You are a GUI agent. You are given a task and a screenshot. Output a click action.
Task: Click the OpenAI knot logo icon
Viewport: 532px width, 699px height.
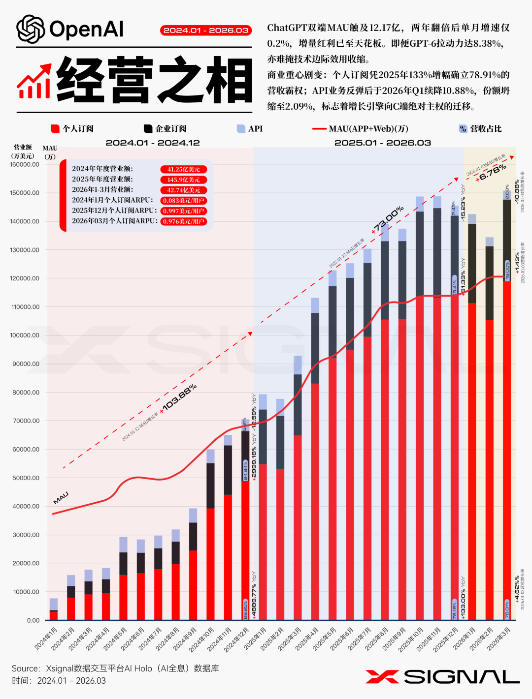[31, 30]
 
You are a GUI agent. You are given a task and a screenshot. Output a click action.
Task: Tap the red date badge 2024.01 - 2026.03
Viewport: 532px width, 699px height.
[206, 30]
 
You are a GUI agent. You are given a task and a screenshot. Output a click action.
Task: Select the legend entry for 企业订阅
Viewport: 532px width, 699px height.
[165, 129]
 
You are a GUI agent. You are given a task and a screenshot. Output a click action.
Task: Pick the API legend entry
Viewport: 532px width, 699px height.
[250, 129]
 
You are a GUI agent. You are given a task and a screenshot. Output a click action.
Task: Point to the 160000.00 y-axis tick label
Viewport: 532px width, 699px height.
[25, 165]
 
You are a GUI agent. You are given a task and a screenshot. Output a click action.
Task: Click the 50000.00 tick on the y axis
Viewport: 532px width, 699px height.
[26, 478]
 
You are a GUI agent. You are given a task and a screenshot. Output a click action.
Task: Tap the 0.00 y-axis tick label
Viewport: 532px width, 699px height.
[33, 621]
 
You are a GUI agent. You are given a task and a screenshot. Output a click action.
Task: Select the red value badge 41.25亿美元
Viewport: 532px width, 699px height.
[183, 169]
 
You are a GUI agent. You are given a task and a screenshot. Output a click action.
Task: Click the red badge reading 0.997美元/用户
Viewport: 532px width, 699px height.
[183, 211]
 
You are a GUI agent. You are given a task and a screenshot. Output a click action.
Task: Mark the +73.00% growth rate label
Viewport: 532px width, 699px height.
[388, 219]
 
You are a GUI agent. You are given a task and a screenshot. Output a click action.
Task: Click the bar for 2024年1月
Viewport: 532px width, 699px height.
[54, 610]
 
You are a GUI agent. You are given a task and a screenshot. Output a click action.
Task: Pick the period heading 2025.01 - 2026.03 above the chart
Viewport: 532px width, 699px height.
[383, 143]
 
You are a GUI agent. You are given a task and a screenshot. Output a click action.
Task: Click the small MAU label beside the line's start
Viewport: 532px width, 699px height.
[61, 498]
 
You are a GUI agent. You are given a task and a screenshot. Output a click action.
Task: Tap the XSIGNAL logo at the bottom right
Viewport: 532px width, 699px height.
[442, 677]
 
